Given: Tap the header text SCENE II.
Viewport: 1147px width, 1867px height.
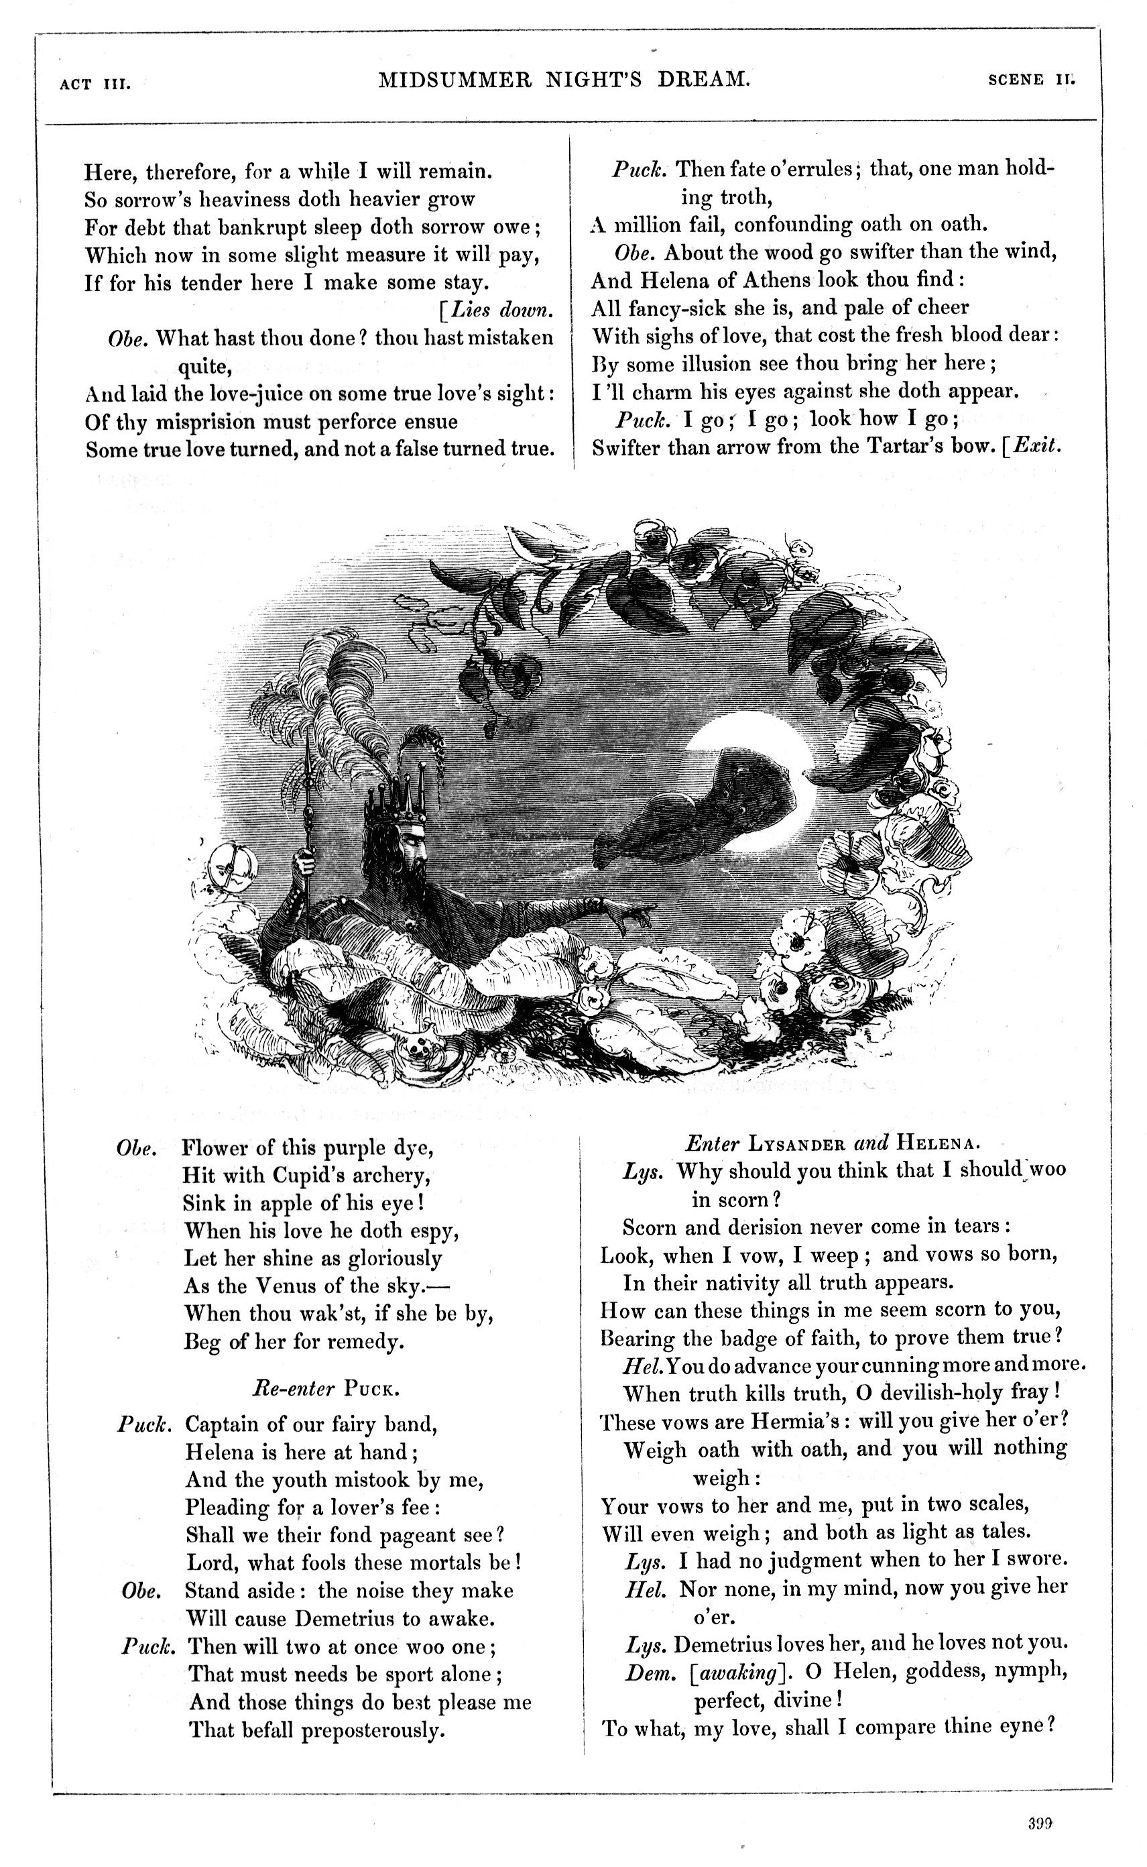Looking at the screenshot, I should (x=1031, y=80).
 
